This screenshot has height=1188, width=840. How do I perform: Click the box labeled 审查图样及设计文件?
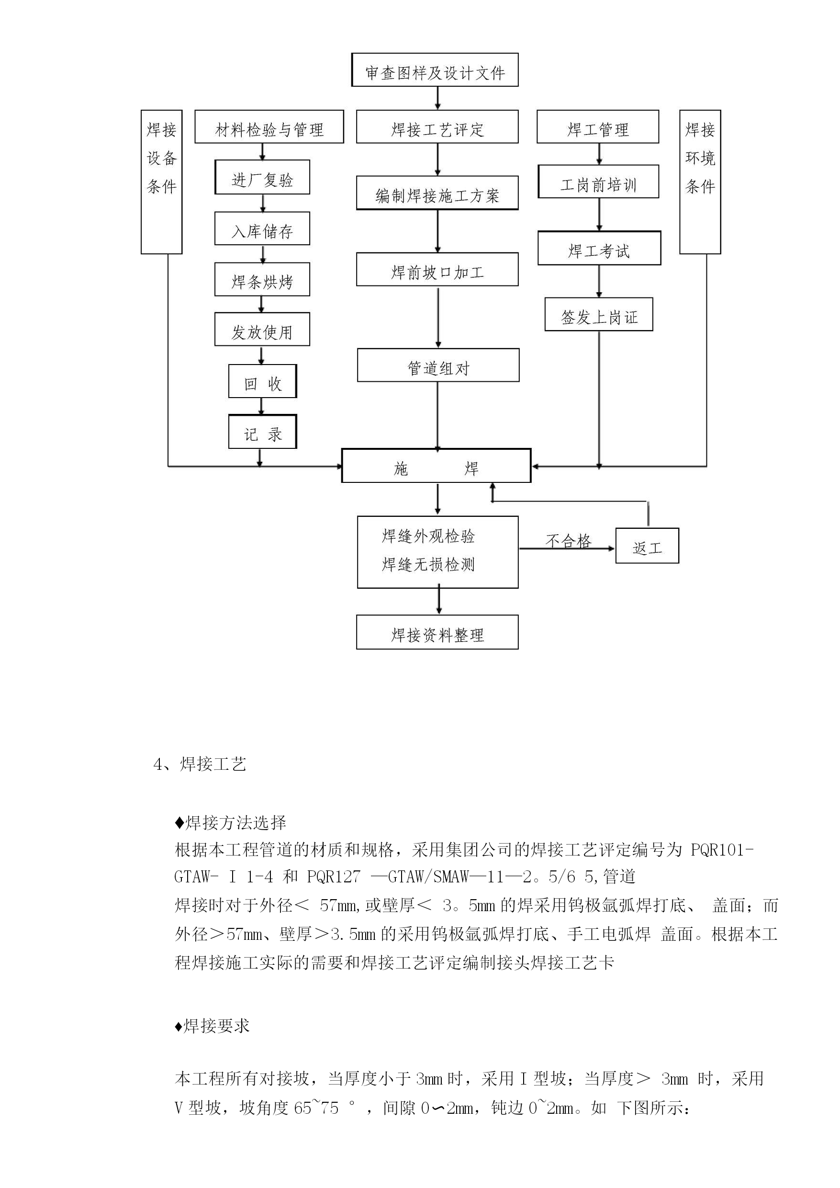pos(435,70)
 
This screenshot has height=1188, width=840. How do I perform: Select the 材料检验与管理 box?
pos(269,127)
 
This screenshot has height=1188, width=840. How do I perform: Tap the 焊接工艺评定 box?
pos(437,127)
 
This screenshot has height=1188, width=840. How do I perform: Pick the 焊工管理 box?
pos(597,127)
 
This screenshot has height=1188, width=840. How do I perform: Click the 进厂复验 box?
pos(262,178)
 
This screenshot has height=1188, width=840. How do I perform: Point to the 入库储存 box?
pos(262,229)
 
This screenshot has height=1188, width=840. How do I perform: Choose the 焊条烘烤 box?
pos(262,280)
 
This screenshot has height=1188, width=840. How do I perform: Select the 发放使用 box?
pos(262,330)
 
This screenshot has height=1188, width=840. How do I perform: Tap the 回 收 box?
pos(262,381)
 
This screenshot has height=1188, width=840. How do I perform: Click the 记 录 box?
pos(262,432)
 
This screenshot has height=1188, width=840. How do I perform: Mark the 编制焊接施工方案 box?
pos(437,193)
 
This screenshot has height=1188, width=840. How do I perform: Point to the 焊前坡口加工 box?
pos(437,270)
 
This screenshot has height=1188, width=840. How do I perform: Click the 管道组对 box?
pos(438,366)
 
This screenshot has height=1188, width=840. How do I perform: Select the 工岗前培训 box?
pos(598,182)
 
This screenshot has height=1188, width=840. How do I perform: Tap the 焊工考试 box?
pos(599,249)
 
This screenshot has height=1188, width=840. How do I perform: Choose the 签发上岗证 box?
pos(598,315)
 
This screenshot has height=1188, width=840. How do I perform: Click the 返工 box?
pos(647,546)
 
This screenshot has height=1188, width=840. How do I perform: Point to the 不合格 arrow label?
pos(568,541)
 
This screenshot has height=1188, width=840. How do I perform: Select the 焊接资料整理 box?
pos(437,633)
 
